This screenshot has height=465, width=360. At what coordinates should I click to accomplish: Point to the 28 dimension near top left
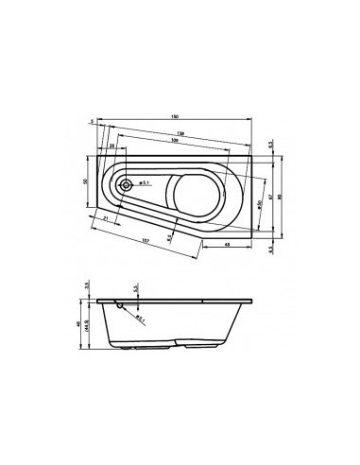click(x=111, y=147)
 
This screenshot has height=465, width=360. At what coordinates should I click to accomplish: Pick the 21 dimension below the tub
click(x=105, y=219)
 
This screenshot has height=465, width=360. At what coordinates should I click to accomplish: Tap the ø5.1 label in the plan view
click(x=141, y=181)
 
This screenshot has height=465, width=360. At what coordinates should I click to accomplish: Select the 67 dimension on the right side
click(x=270, y=196)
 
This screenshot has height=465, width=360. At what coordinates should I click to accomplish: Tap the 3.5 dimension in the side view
click(x=85, y=284)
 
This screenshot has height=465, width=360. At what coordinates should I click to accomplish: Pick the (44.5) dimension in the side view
click(x=88, y=328)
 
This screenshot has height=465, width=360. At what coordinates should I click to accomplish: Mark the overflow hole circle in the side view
click(x=118, y=305)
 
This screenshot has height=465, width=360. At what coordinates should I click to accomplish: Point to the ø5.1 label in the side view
click(x=140, y=318)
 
